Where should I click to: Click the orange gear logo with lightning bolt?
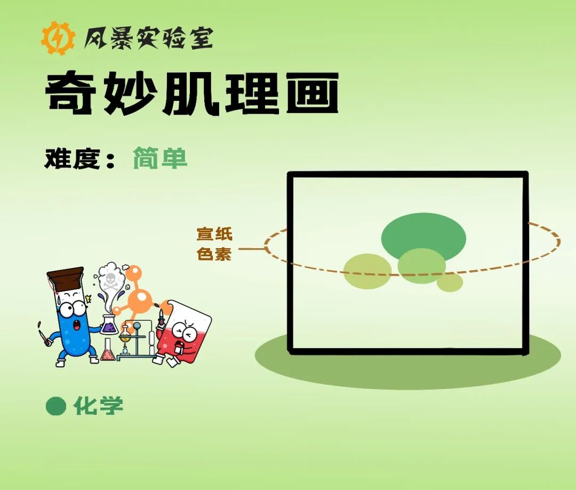tap(58, 38)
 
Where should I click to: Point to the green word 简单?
tap(160, 159)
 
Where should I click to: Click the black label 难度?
tap(73, 159)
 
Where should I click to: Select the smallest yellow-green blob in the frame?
tap(450, 282)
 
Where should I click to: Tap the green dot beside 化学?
tap(55, 406)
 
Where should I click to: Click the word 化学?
tap(99, 406)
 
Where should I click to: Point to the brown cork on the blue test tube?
tap(66, 279)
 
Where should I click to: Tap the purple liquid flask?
tap(109, 325)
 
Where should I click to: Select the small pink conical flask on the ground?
tap(108, 352)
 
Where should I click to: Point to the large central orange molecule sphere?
tap(140, 299)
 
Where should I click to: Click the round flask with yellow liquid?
tap(125, 335)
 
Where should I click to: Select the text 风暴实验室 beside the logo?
tap(148, 38)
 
